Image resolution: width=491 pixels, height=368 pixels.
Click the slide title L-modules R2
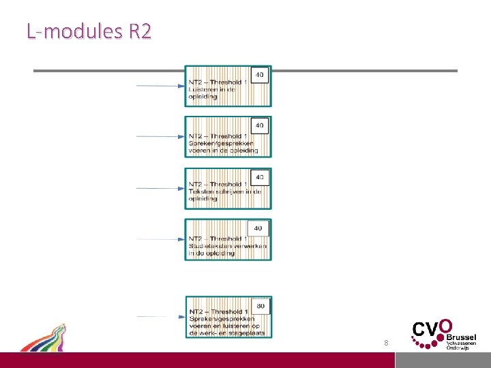(89, 31)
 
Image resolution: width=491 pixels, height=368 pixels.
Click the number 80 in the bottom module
(261, 307)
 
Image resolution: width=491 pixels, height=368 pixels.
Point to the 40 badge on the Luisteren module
(260, 74)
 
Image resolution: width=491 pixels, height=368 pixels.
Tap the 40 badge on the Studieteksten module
(258, 228)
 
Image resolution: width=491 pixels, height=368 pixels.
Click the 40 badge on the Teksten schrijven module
(260, 177)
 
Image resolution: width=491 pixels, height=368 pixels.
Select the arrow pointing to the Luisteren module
(161, 86)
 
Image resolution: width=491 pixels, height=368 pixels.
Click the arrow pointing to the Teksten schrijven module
(161, 188)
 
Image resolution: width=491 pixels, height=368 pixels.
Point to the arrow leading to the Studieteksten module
(161, 239)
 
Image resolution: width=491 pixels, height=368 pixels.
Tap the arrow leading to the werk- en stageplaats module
(161, 317)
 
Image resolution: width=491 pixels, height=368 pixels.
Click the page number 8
(386, 343)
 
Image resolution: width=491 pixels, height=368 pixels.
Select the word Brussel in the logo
(461, 337)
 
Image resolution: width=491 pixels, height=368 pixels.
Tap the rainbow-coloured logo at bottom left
(44, 338)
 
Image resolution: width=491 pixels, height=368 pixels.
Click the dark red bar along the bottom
(245, 360)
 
